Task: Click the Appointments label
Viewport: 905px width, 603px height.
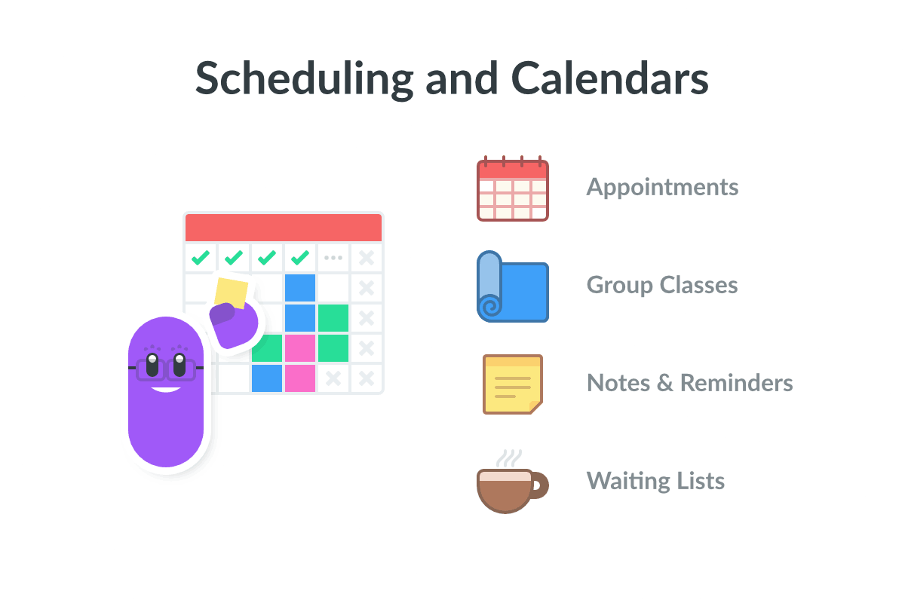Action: (x=662, y=187)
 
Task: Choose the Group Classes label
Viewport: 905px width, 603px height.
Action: (x=662, y=285)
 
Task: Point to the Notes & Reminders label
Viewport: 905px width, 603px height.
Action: (x=689, y=383)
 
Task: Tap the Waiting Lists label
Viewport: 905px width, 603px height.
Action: (x=655, y=481)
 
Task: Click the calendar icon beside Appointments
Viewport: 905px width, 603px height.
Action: (x=513, y=189)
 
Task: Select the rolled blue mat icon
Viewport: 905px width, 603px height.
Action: (x=513, y=287)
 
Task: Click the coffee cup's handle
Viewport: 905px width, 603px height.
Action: (x=540, y=486)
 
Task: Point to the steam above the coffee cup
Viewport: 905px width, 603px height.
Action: (x=508, y=457)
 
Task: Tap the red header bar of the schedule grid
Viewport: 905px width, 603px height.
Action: (x=284, y=228)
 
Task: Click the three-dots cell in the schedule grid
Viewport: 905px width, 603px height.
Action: (x=333, y=258)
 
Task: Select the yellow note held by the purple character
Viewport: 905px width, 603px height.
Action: (x=231, y=292)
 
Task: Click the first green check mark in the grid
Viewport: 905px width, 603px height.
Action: (x=201, y=258)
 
